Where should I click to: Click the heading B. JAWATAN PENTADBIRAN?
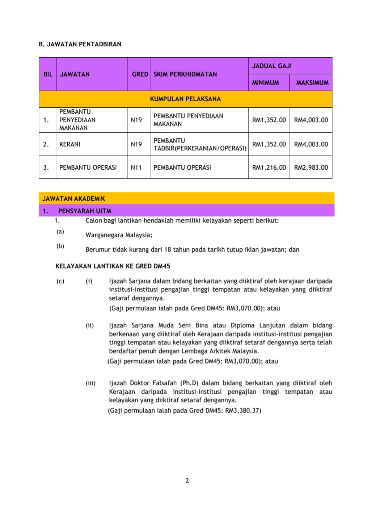pos(80,44)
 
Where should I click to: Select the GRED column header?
pos(140,74)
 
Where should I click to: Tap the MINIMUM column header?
pos(265,83)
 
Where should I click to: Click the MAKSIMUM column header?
pos(312,83)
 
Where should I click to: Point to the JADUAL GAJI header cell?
pos(271,66)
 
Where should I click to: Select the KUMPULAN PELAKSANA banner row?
pos(185,99)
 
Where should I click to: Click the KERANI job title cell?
pos(70,144)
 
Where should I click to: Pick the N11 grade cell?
pos(136,167)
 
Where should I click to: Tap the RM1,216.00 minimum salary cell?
pos(269,167)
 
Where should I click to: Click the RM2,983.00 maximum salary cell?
pos(311,167)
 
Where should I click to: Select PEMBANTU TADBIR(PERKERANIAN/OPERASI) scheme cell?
pos(200,144)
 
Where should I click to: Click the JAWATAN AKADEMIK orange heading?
pos(74,199)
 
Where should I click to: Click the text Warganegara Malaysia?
pos(119,235)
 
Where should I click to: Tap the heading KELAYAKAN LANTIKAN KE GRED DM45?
pos(113,266)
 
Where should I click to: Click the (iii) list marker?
pos(90,383)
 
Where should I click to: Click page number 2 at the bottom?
pos(187,481)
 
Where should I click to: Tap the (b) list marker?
pos(60,246)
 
